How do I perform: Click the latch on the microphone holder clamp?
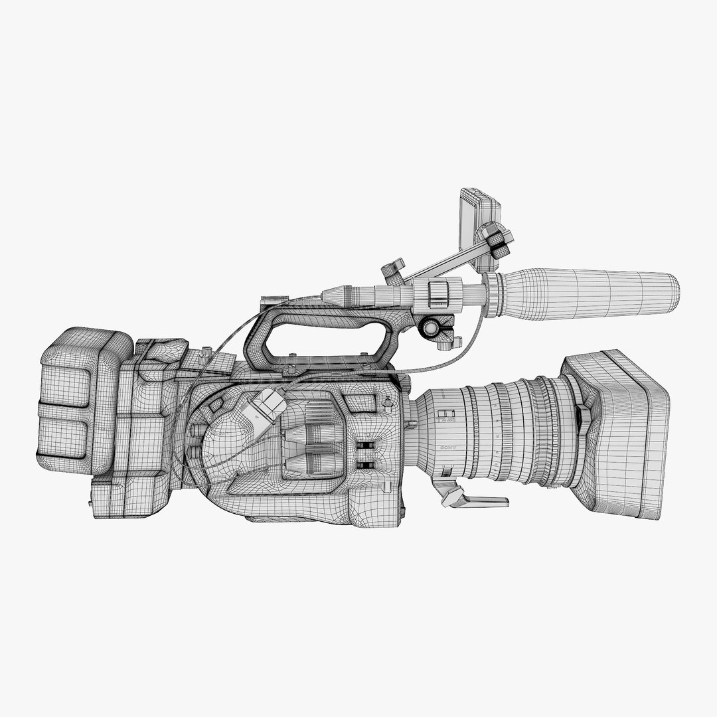coord(438,293)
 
